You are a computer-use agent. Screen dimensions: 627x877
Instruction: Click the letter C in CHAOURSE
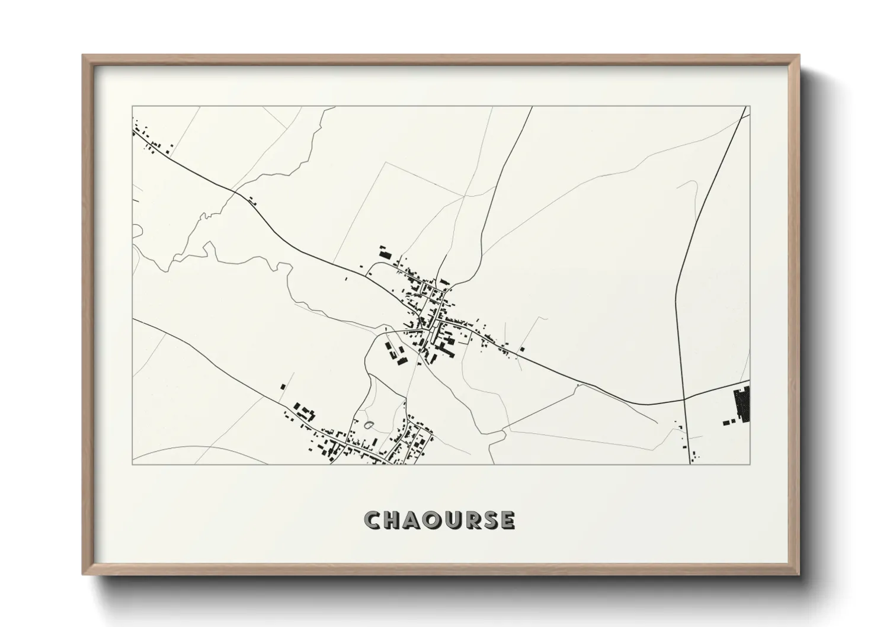pos(373,520)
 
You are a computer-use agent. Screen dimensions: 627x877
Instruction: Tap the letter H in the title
pos(393,520)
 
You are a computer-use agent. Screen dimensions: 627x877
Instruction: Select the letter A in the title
pos(414,520)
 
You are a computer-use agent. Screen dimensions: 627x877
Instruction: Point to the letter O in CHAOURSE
pos(434,520)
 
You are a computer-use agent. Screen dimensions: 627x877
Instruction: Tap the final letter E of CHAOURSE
pos(507,520)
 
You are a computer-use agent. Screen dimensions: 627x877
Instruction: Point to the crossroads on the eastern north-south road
pos(684,399)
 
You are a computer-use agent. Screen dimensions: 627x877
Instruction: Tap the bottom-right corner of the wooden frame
pos(799,574)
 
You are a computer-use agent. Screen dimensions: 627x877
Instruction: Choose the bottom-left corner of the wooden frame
pos(84,574)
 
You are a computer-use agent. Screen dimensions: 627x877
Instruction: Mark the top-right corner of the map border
pos(750,107)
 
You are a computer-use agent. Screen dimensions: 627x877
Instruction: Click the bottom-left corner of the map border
pos(132,464)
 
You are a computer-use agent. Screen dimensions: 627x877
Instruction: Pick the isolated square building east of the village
pos(522,349)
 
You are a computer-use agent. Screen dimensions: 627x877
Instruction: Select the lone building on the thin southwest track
pos(283,386)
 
